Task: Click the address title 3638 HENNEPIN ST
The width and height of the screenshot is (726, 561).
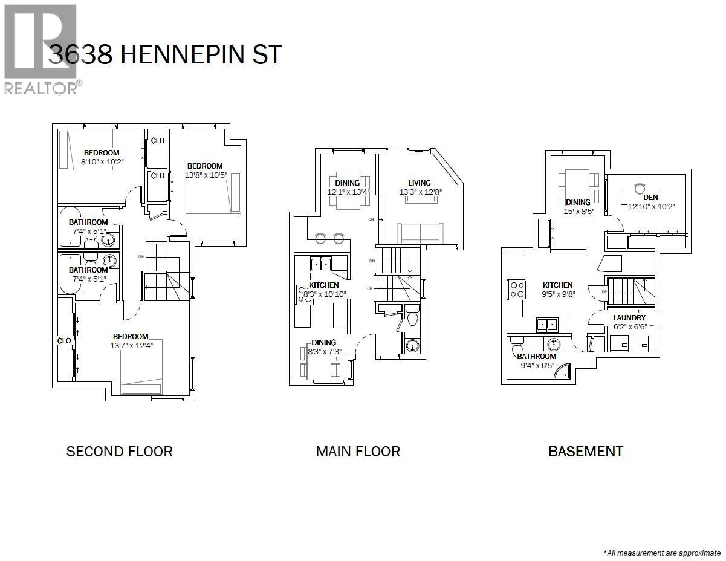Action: [164, 55]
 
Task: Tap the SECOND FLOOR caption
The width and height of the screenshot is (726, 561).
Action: [119, 452]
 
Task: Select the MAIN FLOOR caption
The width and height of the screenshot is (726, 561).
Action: [358, 452]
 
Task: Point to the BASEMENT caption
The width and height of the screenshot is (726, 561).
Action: [585, 452]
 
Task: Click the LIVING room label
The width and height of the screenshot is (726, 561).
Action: [419, 183]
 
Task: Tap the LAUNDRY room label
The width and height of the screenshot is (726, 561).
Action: [629, 317]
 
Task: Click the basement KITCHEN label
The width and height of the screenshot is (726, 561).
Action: [557, 285]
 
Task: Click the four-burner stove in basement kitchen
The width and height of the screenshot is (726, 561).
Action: [517, 289]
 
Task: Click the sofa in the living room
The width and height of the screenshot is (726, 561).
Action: [420, 233]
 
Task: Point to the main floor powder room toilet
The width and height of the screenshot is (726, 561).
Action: [412, 317]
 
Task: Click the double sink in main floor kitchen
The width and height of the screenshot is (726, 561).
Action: [321, 264]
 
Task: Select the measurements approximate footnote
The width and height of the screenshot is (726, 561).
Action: [663, 553]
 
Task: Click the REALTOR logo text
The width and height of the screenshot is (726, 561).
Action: [41, 88]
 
